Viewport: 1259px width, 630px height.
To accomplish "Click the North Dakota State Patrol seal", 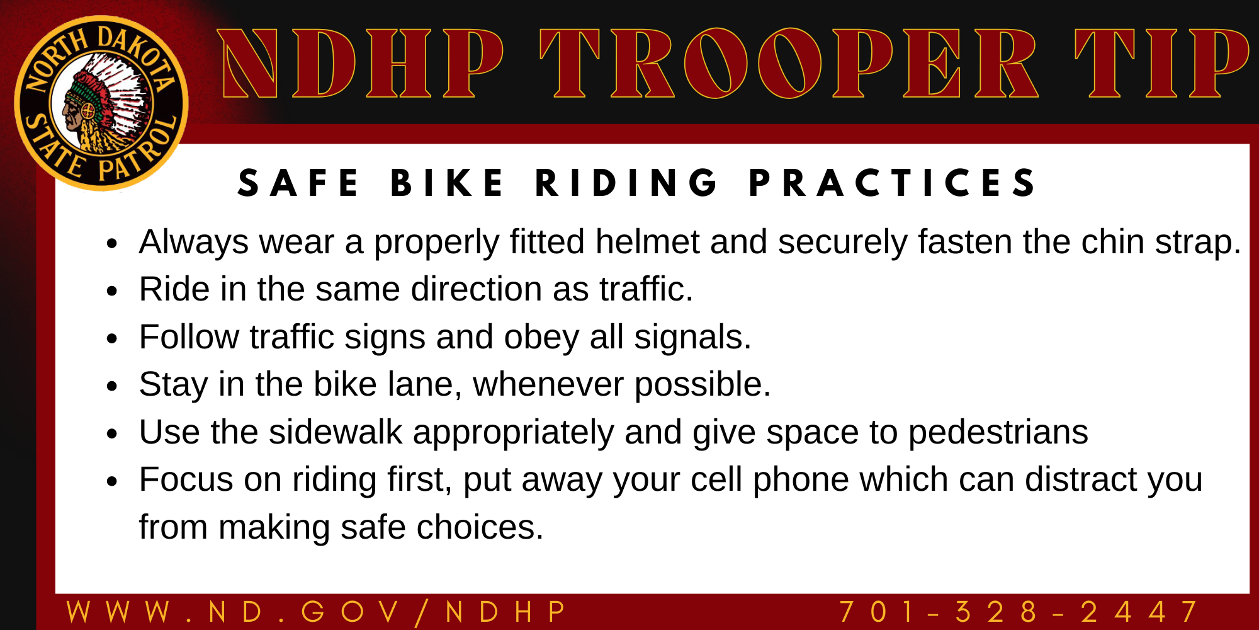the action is [x=101, y=103].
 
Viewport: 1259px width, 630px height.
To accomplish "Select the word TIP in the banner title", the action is [x=1161, y=64].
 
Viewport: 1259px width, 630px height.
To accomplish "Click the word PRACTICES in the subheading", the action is [x=893, y=183].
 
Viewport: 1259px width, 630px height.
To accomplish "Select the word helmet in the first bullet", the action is [x=648, y=242].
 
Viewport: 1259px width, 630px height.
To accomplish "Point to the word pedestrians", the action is [x=998, y=433].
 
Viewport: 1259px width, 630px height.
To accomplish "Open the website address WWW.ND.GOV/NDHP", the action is [x=317, y=612].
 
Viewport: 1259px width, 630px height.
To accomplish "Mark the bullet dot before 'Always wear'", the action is [x=112, y=244].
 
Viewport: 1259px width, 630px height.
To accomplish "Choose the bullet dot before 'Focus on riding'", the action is [x=112, y=481].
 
